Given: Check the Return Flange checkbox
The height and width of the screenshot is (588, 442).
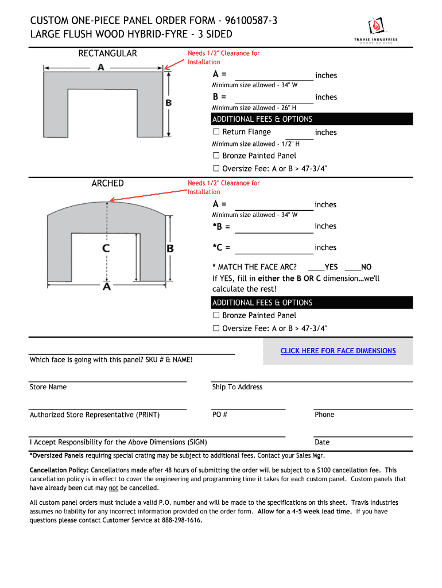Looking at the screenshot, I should (216, 132).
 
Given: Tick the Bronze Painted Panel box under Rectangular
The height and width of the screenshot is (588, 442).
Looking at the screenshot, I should (216, 156).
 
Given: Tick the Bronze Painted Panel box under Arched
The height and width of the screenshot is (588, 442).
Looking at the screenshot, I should (216, 315).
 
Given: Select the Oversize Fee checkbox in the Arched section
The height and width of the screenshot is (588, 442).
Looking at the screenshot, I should (216, 328).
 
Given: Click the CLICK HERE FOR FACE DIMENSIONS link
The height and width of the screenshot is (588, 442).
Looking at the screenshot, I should (338, 351).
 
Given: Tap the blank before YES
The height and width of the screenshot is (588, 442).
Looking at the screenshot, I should (316, 269).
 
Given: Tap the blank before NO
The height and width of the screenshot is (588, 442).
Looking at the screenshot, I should (352, 269).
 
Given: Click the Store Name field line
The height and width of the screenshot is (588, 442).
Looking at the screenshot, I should (108, 380).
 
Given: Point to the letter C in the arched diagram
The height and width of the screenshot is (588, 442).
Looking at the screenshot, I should (106, 249).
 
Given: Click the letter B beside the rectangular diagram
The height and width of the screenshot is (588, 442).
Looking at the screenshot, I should (169, 103).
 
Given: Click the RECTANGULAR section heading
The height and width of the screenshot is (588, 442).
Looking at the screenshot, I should (107, 53).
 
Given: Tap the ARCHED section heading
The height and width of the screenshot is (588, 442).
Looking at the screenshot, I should (107, 183).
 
